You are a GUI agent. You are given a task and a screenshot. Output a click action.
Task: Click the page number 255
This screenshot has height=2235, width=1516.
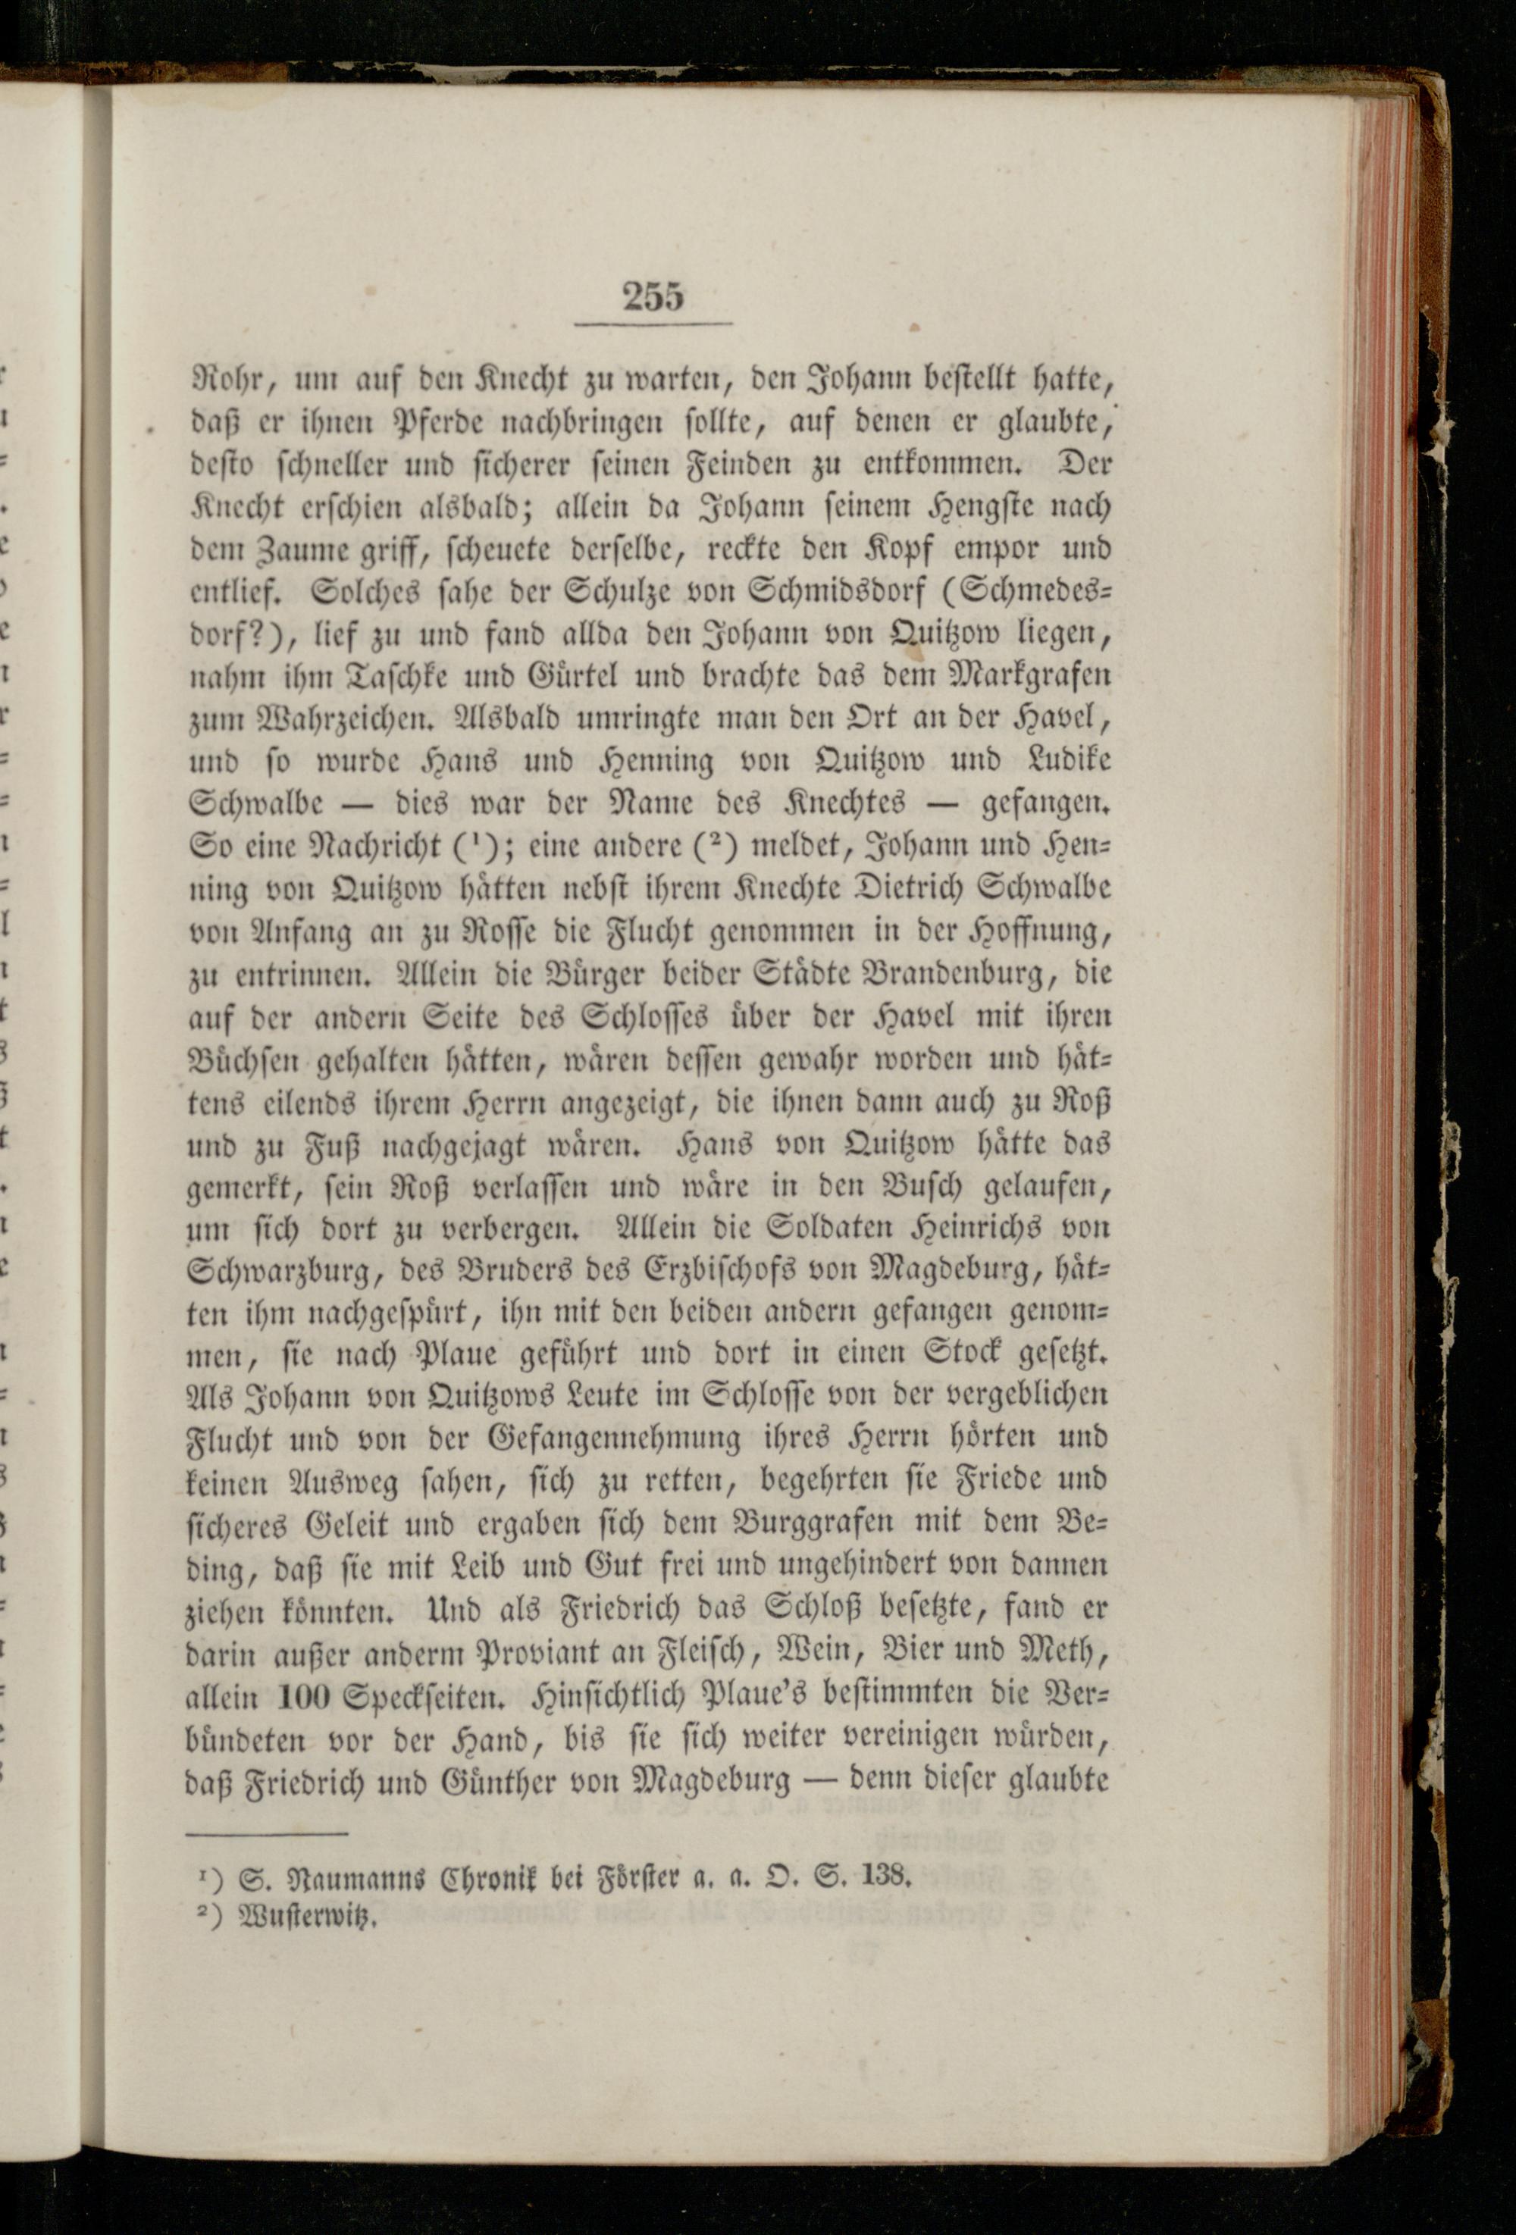point(653,296)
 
